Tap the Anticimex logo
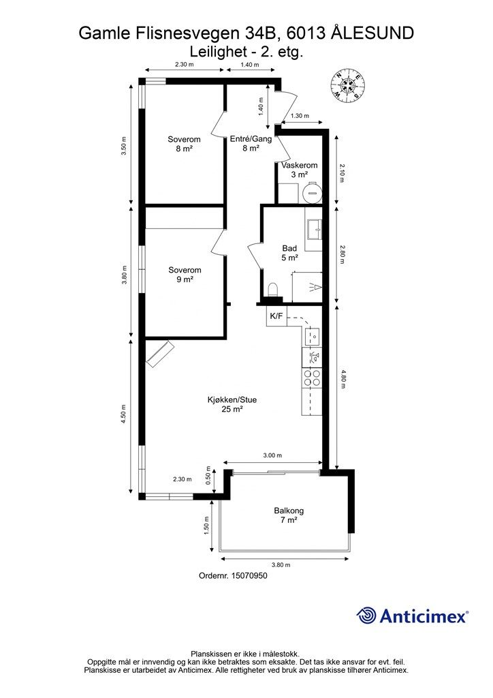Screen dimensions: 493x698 (x=412, y=616)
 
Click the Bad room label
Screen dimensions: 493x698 (x=289, y=253)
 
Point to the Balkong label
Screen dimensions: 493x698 (x=289, y=515)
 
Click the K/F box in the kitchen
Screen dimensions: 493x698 (x=276, y=316)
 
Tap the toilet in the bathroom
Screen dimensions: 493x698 (x=273, y=289)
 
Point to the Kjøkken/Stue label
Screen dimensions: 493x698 (x=232, y=404)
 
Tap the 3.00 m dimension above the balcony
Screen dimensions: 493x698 (x=272, y=455)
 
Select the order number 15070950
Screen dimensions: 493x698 (x=233, y=575)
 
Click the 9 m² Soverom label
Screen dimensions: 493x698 (x=185, y=275)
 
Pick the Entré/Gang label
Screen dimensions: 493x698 (x=251, y=143)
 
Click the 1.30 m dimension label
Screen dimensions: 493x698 (x=300, y=116)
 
